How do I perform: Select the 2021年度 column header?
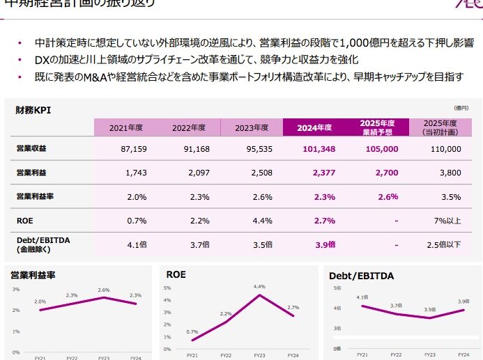pyautogui.click(x=126, y=128)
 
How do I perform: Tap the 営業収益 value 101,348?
pyautogui.click(x=319, y=149)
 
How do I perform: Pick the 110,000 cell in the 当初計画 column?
pyautogui.click(x=446, y=149)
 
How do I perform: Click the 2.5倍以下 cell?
pyautogui.click(x=445, y=244)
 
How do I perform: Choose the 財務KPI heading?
pyautogui.click(x=33, y=110)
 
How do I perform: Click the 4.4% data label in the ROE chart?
pyautogui.click(x=259, y=287)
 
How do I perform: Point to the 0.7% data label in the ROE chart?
pyautogui.click(x=192, y=332)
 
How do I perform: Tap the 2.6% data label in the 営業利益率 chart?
pyautogui.click(x=104, y=290)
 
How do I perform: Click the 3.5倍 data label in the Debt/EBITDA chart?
pyautogui.click(x=429, y=309)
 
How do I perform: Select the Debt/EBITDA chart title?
pyautogui.click(x=361, y=276)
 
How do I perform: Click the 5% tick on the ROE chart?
pyautogui.click(x=167, y=288)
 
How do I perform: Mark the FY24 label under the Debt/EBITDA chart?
pyautogui.click(x=463, y=355)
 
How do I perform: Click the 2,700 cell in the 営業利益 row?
pyautogui.click(x=387, y=172)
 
